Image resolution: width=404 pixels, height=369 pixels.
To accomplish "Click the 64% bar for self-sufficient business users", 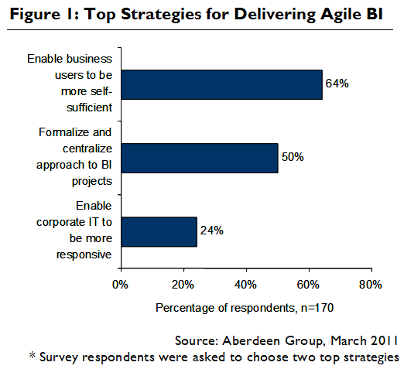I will click(x=221, y=84).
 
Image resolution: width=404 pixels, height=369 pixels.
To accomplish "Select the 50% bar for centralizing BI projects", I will click(x=199, y=157).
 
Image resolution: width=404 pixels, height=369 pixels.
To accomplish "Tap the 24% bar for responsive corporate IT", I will click(x=159, y=231).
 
